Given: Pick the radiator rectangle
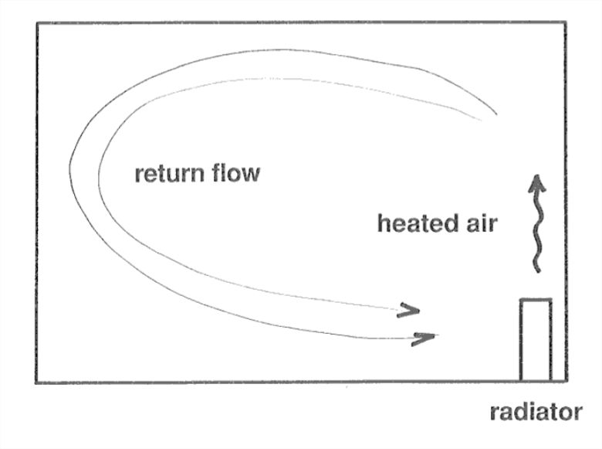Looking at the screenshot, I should point(536,340).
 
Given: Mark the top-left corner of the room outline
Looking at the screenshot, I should point(36,22).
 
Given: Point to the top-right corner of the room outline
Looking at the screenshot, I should point(566,22).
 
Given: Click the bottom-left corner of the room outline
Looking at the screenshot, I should point(36,382).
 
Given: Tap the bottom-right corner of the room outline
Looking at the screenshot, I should point(566,382).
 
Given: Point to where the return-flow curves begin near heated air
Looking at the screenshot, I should point(488,119).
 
